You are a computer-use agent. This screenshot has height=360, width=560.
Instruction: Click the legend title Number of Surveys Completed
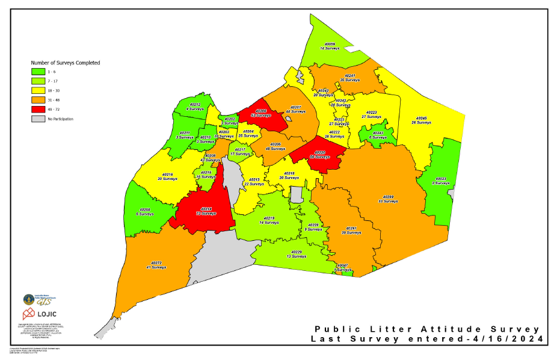pyautogui.click(x=65, y=63)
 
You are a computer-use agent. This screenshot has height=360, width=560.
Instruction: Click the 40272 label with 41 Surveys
pyautogui.click(x=156, y=265)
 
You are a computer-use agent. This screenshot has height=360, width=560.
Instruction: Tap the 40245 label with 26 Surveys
pyautogui.click(x=421, y=120)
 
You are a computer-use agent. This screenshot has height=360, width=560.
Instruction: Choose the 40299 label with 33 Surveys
pyautogui.click(x=388, y=199)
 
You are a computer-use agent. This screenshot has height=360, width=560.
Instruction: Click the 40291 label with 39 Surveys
pyautogui.click(x=351, y=231)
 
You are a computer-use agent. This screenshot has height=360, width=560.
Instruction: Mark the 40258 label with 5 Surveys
pyautogui.click(x=143, y=212)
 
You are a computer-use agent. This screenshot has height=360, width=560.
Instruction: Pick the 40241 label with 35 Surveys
pyautogui.click(x=349, y=78)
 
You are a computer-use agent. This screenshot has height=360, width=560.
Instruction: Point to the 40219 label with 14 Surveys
pyautogui.click(x=268, y=220)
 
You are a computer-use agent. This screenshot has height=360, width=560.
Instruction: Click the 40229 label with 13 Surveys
pyautogui.click(x=296, y=254)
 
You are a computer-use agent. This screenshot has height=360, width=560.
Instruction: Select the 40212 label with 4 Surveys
pyautogui.click(x=194, y=107)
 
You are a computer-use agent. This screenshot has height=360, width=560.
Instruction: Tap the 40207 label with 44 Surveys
pyautogui.click(x=296, y=109)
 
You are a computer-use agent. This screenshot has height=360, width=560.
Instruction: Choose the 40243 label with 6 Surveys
pyautogui.click(x=378, y=135)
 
